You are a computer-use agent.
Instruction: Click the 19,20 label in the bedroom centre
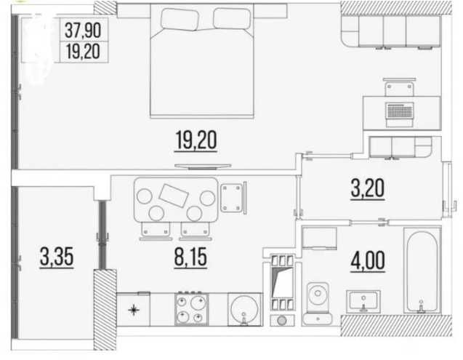pos(196,140)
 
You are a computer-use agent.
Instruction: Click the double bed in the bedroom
pos(204,62)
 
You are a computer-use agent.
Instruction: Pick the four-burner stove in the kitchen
pos(191,309)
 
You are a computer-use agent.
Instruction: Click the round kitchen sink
pos(245,310)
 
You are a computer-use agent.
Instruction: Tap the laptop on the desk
pos(398,111)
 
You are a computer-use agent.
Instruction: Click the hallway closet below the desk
pos(398,148)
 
